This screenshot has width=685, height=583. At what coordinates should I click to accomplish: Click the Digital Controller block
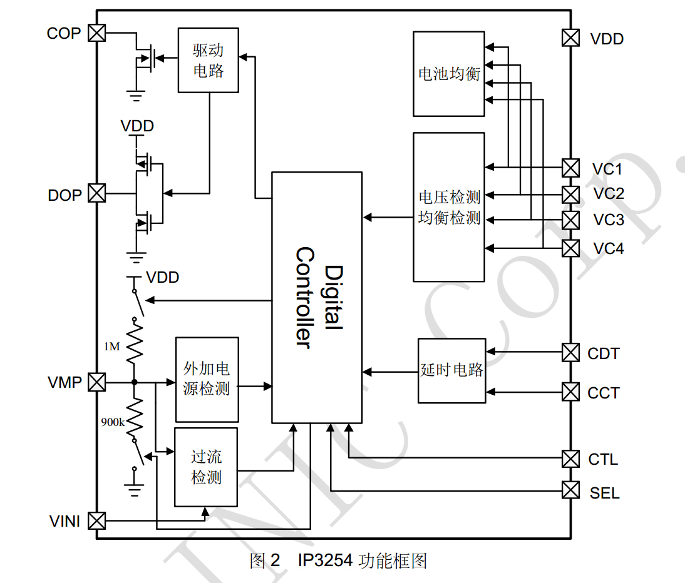point(316,297)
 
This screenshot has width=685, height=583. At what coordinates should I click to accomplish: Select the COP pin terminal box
point(96,33)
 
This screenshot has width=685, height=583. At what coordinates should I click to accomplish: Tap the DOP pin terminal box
point(96,193)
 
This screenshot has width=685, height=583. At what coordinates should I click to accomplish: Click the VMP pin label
point(64,382)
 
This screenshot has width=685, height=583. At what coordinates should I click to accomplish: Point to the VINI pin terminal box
point(96,520)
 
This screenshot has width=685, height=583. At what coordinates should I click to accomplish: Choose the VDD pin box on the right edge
point(570,38)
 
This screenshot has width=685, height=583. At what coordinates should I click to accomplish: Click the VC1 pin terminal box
point(570,168)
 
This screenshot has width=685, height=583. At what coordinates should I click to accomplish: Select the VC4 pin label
point(608,248)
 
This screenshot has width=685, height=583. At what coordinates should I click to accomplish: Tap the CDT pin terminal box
point(570,353)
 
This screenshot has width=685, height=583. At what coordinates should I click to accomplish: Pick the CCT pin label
point(603,393)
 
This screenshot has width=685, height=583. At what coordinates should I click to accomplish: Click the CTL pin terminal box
point(570,459)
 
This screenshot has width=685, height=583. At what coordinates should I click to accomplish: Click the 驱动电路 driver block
point(208,60)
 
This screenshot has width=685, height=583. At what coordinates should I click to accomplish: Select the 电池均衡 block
point(449,74)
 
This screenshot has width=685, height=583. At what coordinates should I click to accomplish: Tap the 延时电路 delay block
point(451,370)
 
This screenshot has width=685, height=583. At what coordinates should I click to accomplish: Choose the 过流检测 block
point(206,467)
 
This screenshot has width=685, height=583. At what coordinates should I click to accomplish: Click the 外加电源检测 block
point(207,379)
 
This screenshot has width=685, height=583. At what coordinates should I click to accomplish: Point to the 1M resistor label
point(112,346)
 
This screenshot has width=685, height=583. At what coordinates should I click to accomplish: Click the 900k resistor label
point(113,422)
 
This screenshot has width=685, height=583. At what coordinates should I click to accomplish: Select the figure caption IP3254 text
point(325,560)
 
